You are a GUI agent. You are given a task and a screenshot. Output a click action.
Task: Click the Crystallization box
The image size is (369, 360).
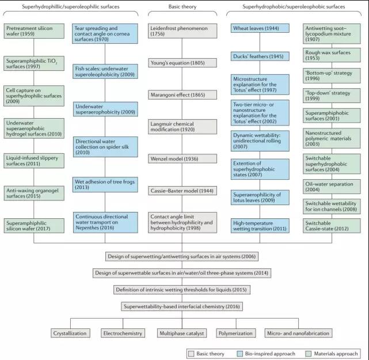(x=70, y=333)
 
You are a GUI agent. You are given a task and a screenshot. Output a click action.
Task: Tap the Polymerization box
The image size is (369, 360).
(x=235, y=333)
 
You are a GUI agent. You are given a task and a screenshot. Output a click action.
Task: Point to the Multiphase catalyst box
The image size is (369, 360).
(x=178, y=333)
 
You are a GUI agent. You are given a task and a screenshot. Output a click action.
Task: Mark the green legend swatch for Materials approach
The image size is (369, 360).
(x=310, y=353)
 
